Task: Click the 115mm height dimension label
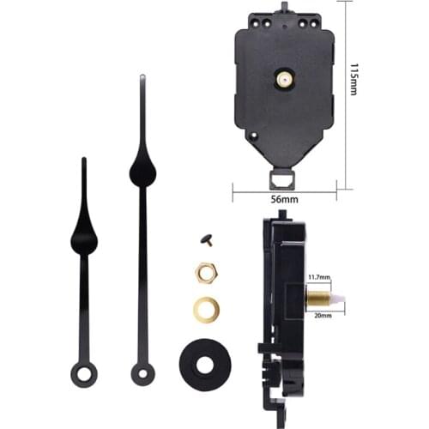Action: point(353,78)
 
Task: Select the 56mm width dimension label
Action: point(283,200)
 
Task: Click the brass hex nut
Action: point(205,272)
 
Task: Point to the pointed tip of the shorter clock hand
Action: point(83,160)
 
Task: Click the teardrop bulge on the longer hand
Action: point(142,172)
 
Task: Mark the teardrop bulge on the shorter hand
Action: point(84,236)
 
